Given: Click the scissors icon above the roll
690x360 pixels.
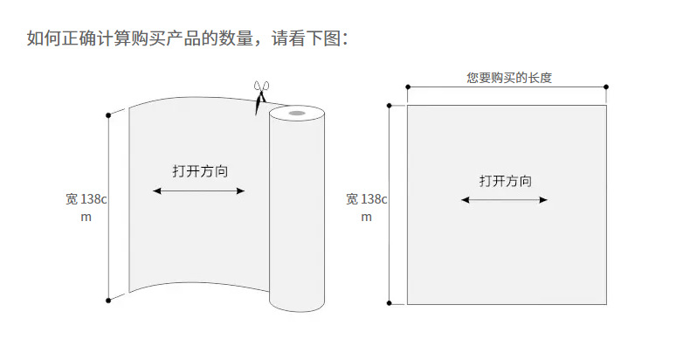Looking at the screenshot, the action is point(259,96).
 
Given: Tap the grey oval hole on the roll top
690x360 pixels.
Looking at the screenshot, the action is point(297,113).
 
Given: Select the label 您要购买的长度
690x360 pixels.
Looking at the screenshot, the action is point(509,78).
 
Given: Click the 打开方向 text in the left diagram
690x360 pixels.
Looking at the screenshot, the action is point(200,171).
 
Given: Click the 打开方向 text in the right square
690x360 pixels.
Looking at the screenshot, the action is point(505,181).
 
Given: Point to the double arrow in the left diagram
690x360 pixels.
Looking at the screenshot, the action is point(199,191).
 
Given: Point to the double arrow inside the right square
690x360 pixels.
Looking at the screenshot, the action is point(504,200).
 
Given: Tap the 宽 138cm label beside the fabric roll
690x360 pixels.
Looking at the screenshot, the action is point(86,208).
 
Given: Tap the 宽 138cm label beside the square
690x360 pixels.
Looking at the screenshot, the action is point(366,208).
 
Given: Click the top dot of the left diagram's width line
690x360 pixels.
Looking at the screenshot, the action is point(108,114).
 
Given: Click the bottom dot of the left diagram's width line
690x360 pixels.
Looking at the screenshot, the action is point(108,301).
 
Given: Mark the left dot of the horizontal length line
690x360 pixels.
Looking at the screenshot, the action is point(407,87).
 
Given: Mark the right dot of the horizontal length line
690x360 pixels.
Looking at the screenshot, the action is point(606,87).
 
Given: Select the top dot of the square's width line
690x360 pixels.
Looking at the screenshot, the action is point(389,105).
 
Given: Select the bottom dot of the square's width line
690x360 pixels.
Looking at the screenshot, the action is point(389,304).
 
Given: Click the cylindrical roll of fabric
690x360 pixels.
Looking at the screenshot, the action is point(297,210).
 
